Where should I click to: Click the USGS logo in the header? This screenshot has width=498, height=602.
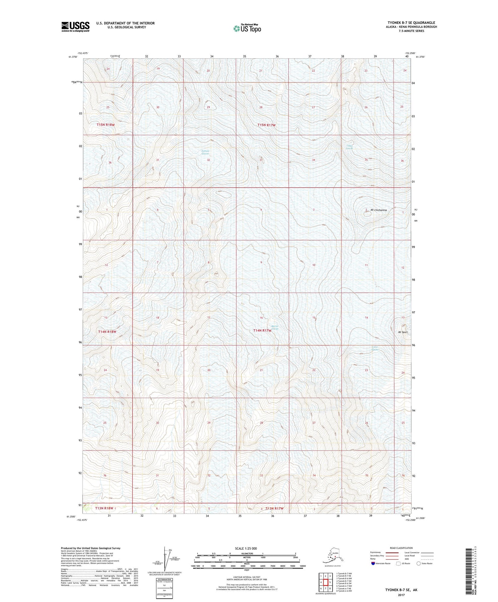[x=75, y=26]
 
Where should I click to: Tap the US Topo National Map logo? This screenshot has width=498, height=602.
[x=247, y=28]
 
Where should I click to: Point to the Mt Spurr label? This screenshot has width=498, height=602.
[x=403, y=332]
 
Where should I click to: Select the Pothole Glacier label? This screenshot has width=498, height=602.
[x=206, y=152]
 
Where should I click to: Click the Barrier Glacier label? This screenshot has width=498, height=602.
[x=275, y=327]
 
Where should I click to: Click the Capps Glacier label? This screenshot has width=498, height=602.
[x=349, y=147]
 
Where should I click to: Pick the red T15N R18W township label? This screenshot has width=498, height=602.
[x=106, y=125]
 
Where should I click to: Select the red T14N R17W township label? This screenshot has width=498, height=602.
[x=262, y=330]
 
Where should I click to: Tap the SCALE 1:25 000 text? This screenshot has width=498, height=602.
[x=246, y=548]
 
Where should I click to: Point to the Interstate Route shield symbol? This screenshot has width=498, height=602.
[x=373, y=563]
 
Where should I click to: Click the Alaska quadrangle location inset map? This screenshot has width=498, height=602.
[x=332, y=556]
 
